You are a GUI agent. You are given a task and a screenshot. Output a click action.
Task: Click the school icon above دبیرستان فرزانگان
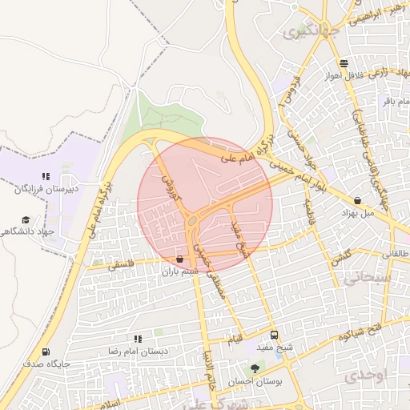(x=46, y=176)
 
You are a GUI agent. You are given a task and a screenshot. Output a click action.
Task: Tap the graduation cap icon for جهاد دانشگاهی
(x=26, y=219)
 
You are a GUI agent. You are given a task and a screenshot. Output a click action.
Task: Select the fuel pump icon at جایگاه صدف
(x=46, y=351)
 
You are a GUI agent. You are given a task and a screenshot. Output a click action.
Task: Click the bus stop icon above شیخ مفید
(x=275, y=335)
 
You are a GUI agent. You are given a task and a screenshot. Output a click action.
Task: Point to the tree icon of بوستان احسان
(x=255, y=368)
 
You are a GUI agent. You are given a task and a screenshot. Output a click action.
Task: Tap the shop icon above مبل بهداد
(x=357, y=201)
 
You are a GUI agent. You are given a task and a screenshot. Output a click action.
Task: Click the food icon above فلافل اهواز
(x=344, y=63)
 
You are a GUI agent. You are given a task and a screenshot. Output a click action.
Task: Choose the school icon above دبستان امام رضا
(x=138, y=340)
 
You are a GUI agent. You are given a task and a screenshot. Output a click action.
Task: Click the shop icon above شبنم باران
(x=179, y=259)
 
